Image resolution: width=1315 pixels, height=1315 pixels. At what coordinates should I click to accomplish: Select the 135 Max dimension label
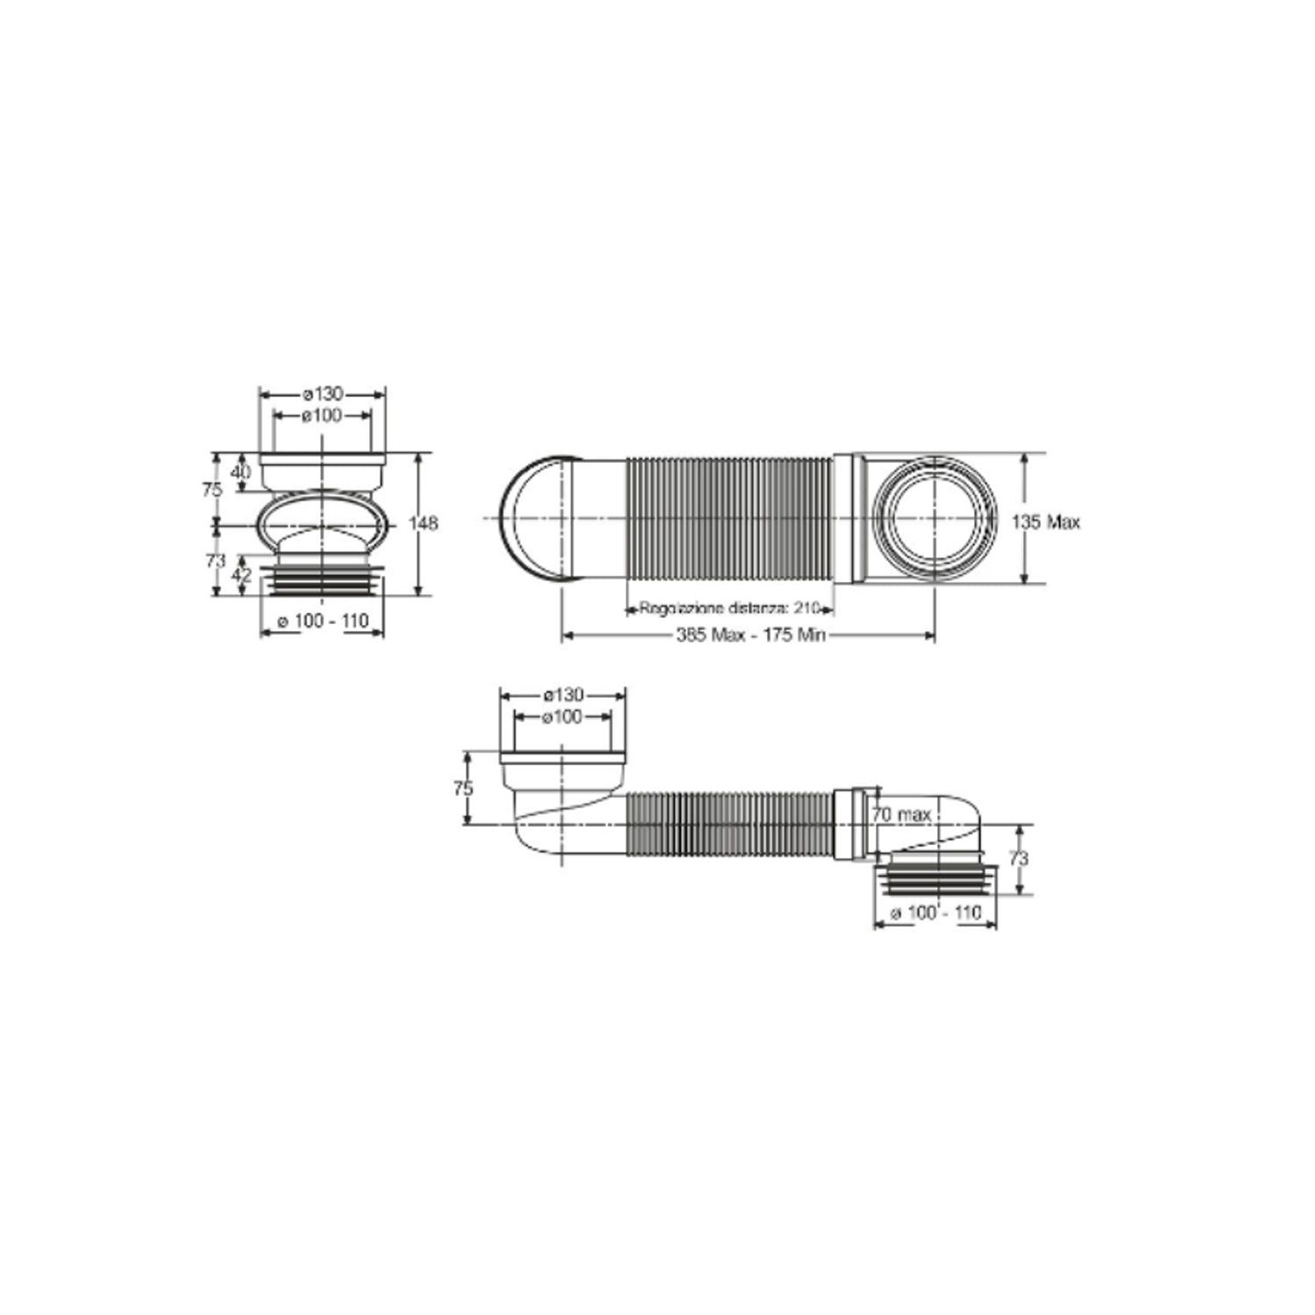pos(1046,522)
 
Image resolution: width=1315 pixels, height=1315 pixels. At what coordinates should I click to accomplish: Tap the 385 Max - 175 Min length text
pos(750,635)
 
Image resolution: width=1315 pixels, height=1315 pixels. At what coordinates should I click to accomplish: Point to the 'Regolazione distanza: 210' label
pos(729,608)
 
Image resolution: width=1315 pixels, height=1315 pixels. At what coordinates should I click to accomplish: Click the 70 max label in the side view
pos(901,814)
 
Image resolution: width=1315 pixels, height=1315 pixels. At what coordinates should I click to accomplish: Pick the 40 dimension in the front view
pos(240,472)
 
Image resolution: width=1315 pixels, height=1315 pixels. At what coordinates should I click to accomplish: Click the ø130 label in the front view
pos(323,394)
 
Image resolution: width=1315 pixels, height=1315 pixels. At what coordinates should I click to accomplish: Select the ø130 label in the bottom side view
pos(562,694)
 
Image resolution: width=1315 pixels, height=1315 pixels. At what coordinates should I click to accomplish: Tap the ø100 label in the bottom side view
pos(562,717)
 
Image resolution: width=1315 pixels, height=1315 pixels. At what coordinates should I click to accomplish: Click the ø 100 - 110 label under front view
pos(323,622)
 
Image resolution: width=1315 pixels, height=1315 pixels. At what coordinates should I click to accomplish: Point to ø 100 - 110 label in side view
pos(935,913)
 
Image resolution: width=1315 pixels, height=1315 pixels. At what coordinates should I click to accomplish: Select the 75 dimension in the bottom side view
pos(463,788)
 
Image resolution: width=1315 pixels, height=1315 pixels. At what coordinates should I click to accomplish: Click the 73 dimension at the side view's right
pos(1018,859)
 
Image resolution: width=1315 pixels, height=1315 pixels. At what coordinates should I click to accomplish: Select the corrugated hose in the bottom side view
pos(728,824)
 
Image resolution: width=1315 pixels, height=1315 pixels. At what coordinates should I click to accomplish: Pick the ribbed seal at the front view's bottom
pos(323,580)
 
